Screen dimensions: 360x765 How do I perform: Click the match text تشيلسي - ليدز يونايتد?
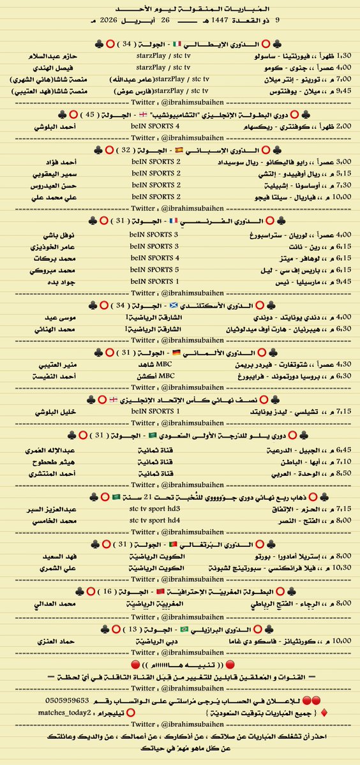pos(272,413)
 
